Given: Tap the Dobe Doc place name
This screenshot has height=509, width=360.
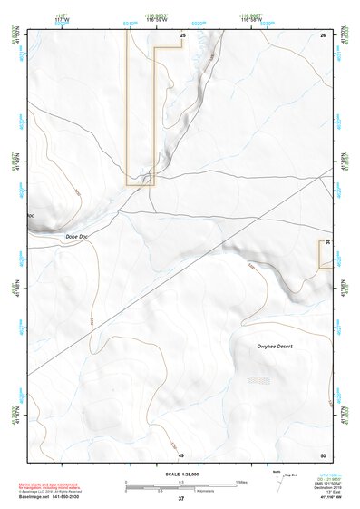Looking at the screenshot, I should point(77,237).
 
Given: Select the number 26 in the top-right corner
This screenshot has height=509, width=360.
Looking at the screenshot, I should point(323,34).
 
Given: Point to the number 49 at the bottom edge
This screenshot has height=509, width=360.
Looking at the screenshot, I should point(180,454).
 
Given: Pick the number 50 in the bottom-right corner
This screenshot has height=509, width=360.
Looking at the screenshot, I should point(323,454).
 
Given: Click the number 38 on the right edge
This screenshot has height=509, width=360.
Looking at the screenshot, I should point(327,241).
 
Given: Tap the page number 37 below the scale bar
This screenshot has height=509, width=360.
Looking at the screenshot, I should point(180,498).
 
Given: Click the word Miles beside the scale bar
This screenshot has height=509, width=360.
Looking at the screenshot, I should point(240,481).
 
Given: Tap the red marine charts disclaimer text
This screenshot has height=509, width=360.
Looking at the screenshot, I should point(55,485).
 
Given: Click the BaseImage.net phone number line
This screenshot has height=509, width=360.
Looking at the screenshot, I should point(55,497).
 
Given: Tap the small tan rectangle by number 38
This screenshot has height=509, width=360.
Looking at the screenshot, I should point(324,255).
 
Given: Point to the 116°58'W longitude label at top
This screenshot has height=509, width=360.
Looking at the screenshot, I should point(253,17).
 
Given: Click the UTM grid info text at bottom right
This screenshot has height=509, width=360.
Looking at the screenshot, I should point(326,485).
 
